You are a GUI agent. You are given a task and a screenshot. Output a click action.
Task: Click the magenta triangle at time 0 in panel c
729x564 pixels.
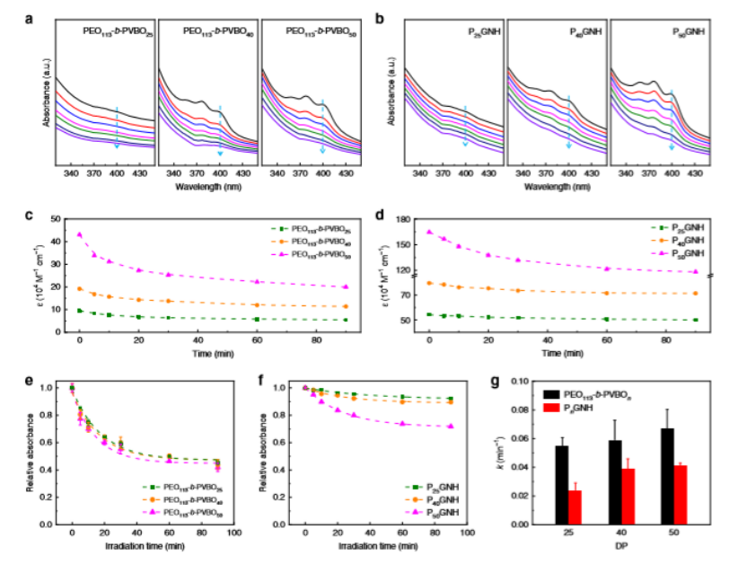click(79, 235)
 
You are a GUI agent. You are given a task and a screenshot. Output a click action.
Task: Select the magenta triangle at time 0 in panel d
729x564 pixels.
click(429, 232)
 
